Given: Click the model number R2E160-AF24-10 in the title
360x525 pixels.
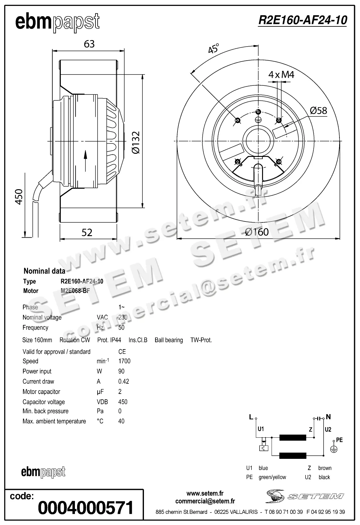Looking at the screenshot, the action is point(302,20).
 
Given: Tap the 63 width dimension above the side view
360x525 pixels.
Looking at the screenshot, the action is point(89,44).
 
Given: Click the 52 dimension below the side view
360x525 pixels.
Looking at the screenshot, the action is point(87,232).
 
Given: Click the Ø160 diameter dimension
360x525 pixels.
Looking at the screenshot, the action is point(256,232).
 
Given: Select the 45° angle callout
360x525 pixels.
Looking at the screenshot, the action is point(213,49).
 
